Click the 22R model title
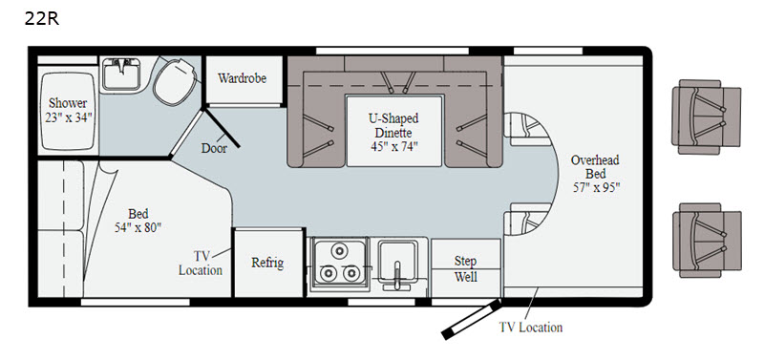[x=41, y=18]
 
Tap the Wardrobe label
[x=243, y=78]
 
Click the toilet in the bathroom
[x=175, y=81]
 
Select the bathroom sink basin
[x=121, y=74]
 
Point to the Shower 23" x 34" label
[x=68, y=110]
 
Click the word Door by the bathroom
[x=214, y=148]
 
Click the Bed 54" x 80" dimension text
[x=138, y=221]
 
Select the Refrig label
[x=267, y=263]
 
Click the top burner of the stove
[x=338, y=251]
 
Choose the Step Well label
[x=466, y=269]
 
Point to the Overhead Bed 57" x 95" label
[x=596, y=174]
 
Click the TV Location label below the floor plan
[x=531, y=328]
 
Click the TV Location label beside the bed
[x=201, y=263]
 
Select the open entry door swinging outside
[x=471, y=320]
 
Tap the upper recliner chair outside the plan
[x=706, y=116]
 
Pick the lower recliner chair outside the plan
[x=707, y=241]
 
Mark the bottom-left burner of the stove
[x=328, y=273]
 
